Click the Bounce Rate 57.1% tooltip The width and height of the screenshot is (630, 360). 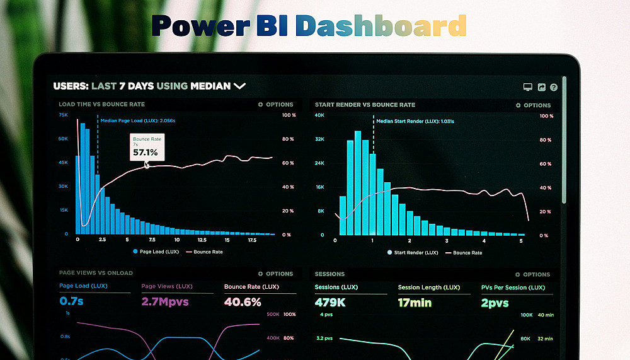(x=147, y=147)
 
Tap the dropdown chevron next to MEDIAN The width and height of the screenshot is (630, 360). (x=239, y=86)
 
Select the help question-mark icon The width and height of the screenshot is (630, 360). (x=554, y=88)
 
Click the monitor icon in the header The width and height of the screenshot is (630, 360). (x=528, y=88)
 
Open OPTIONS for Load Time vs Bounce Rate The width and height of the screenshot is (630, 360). (x=276, y=105)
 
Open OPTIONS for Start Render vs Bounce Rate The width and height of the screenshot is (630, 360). (x=533, y=105)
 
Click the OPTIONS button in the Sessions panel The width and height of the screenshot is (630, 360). (x=533, y=274)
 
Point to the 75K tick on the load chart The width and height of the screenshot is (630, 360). (x=63, y=115)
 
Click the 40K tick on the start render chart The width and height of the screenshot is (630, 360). (x=319, y=115)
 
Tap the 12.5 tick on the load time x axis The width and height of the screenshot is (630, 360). (x=202, y=240)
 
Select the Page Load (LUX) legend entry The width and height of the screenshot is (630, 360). (x=156, y=252)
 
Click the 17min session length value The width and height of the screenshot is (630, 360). (x=415, y=303)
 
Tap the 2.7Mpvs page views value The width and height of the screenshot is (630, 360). (x=165, y=302)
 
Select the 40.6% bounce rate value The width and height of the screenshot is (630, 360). (x=243, y=302)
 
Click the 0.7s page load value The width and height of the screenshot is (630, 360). (x=71, y=302)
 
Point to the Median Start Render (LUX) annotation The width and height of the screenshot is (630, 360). (x=415, y=121)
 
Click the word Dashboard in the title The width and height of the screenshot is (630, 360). (x=381, y=26)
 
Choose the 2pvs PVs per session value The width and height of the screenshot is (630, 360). (x=495, y=303)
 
